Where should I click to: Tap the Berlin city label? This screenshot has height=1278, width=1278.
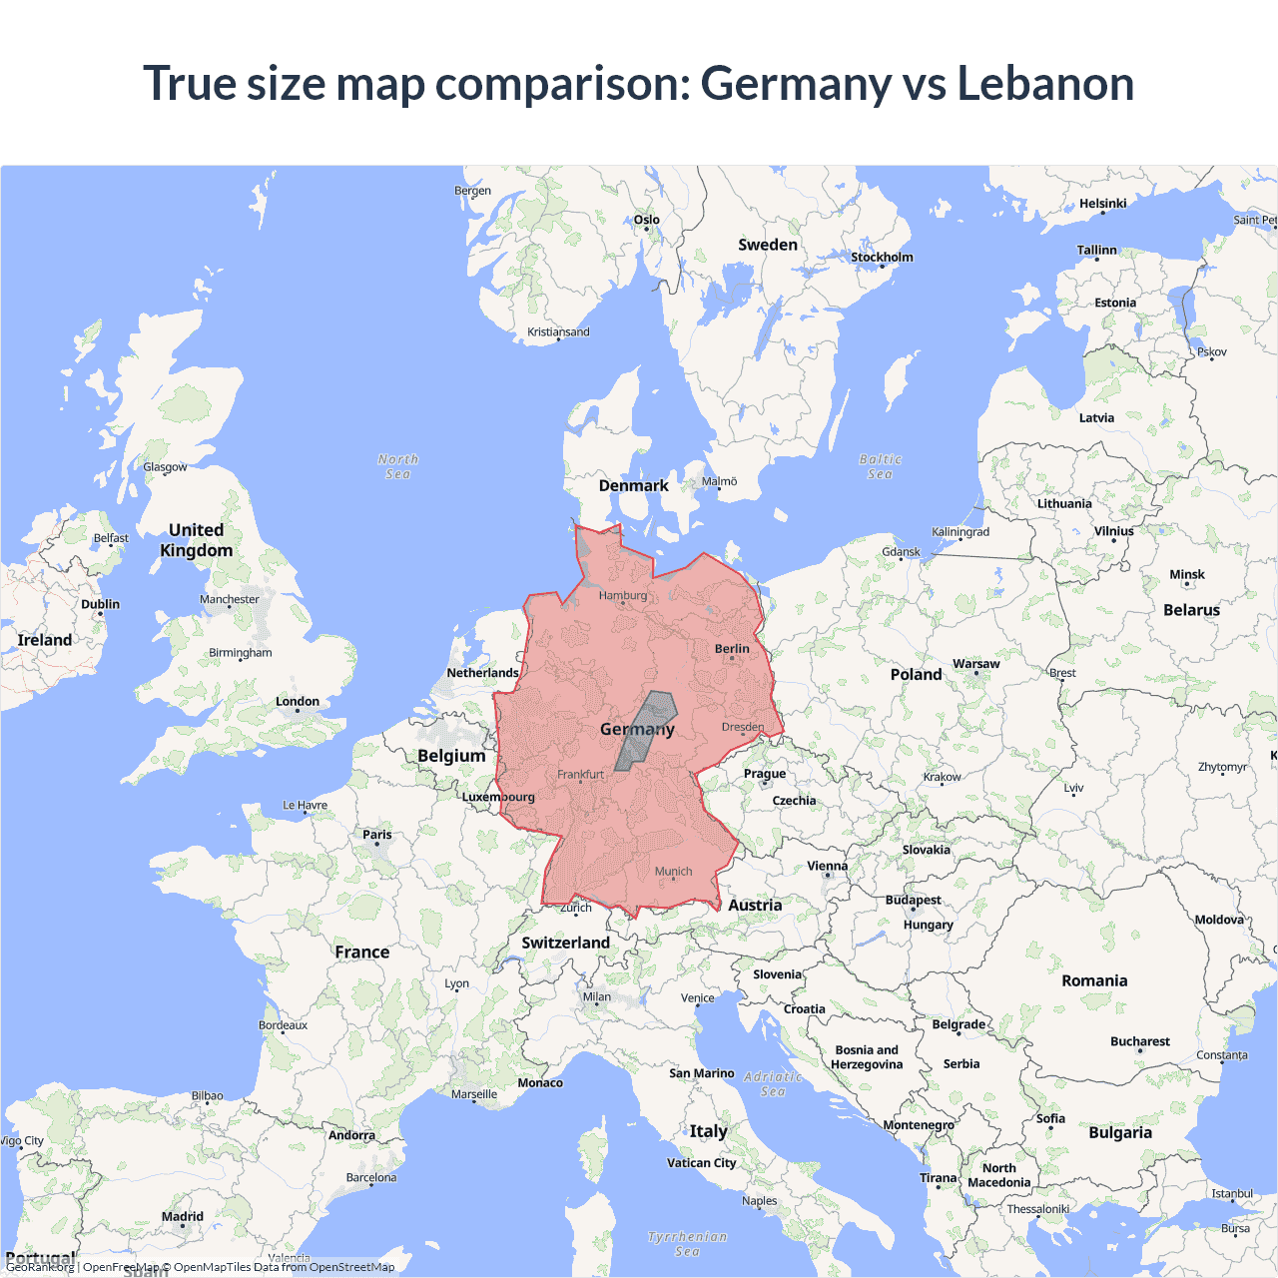732,649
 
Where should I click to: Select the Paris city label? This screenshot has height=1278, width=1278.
377,835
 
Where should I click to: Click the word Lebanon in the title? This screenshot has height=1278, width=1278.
1045,83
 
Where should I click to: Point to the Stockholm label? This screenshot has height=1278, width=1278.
882,258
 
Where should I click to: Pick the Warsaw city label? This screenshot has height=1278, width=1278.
975,664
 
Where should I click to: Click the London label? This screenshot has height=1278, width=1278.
298,702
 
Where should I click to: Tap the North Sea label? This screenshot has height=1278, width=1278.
397,466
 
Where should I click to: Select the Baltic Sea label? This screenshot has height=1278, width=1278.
880,466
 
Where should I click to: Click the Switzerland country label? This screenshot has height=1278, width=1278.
565,943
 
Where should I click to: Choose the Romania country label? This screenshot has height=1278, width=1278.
1094,980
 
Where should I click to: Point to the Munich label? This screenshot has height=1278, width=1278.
673,872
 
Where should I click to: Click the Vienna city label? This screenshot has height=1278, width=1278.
827,866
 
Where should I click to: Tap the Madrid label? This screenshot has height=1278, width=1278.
183,1216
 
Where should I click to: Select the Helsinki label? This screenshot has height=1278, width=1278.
1102,204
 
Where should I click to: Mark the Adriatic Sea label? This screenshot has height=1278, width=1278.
773,1083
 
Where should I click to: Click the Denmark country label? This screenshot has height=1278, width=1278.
633,486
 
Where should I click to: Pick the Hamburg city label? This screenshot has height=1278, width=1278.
623,596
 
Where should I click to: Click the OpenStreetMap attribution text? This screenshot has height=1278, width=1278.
351,1267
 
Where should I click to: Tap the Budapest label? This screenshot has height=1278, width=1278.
913,901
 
